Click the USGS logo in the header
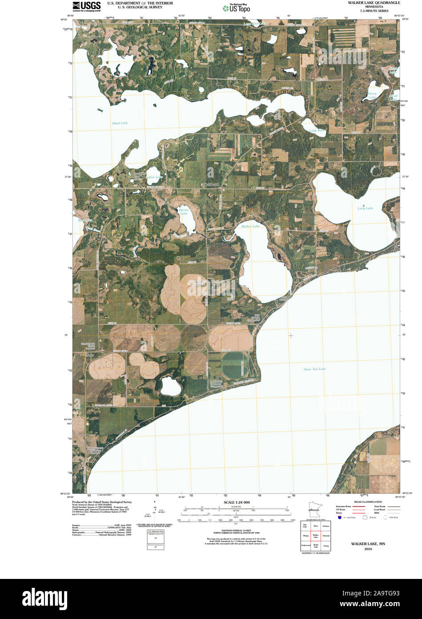click(86, 6)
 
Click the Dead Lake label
click(120, 123)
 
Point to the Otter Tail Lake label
click(314, 369)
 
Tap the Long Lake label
click(365, 208)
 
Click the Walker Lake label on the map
click(250, 226)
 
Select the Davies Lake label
click(183, 211)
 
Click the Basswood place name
click(211, 184)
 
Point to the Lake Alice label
click(318, 130)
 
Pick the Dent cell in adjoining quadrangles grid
click(315, 526)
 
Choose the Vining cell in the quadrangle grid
click(326, 546)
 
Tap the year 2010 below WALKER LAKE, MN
click(368, 549)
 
